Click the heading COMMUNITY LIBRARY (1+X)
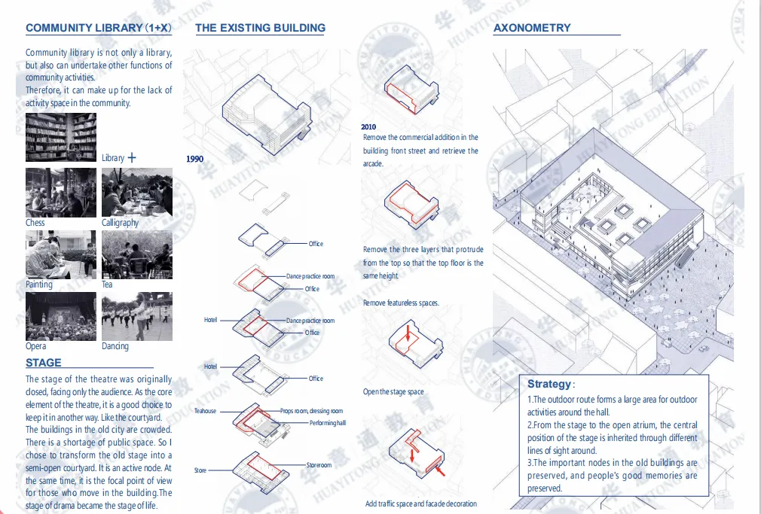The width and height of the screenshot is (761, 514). [99, 29]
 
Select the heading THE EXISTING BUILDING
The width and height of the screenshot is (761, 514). [260, 28]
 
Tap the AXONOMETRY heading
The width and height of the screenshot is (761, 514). [532, 28]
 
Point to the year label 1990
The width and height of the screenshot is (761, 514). [194, 159]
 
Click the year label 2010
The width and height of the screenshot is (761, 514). [368, 127]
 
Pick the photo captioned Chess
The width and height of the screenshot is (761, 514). [61, 193]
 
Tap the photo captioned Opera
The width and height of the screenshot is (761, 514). [61, 317]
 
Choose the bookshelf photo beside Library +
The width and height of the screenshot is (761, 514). [61, 138]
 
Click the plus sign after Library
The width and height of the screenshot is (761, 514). [133, 158]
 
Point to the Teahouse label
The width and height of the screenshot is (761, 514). [205, 411]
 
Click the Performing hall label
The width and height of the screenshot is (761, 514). [327, 423]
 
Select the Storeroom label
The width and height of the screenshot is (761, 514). [319, 465]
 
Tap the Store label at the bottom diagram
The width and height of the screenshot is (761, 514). [200, 470]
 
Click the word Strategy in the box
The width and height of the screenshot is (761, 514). [549, 385]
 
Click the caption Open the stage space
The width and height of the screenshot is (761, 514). [393, 391]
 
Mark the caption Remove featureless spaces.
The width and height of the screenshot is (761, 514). [401, 303]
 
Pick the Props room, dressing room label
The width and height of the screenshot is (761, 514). [311, 411]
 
